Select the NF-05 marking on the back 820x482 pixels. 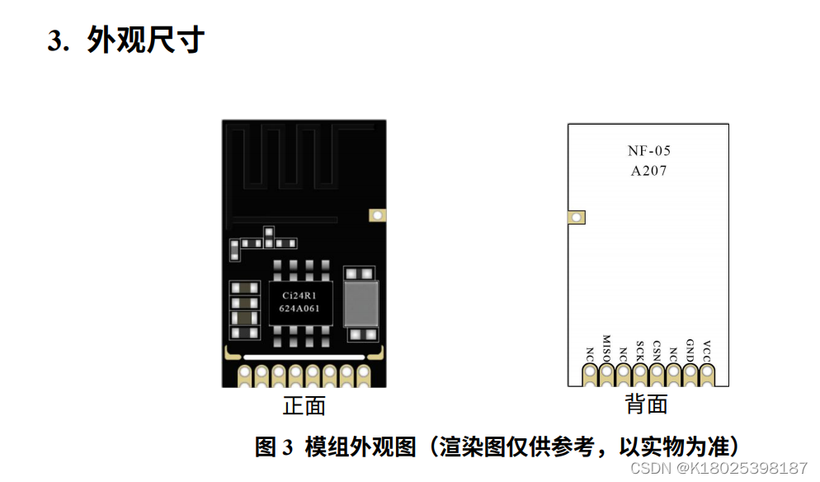(x=648, y=151)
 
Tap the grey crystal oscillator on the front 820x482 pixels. (x=360, y=303)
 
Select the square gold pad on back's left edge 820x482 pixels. (x=577, y=217)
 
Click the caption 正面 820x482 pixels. (x=304, y=405)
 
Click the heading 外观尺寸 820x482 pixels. (x=145, y=40)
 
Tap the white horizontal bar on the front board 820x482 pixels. (x=304, y=356)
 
